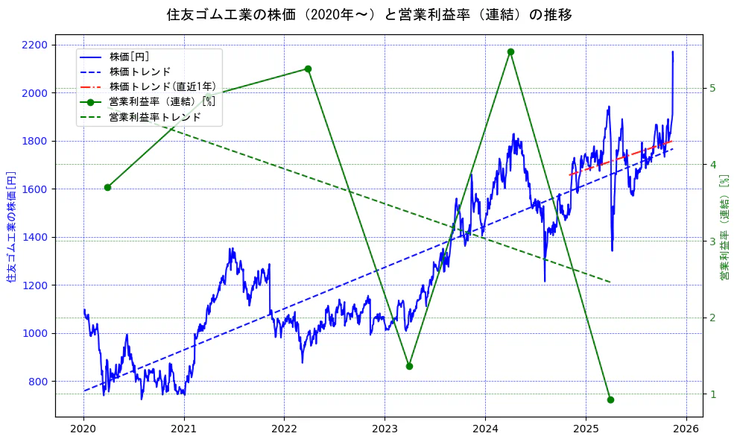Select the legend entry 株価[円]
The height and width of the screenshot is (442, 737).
[129, 57]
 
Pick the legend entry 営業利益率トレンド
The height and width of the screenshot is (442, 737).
[155, 117]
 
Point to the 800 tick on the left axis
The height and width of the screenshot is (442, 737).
[38, 382]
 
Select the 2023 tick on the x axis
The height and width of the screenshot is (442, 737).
[385, 429]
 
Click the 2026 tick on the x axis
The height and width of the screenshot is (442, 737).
[686, 429]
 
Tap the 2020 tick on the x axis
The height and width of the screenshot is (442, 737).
[83, 429]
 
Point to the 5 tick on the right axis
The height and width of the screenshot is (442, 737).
[712, 88]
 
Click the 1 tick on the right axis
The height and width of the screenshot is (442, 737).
[712, 394]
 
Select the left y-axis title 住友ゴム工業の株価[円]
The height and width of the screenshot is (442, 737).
[11, 227]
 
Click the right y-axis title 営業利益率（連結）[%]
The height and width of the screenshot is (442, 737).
[724, 227]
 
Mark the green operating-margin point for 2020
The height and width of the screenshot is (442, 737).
[108, 187]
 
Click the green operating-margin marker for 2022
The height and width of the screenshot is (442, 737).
[308, 69]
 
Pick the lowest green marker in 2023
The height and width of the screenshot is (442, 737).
[409, 366]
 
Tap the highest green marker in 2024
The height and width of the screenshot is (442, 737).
[510, 52]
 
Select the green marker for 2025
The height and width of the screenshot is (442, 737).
[610, 400]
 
